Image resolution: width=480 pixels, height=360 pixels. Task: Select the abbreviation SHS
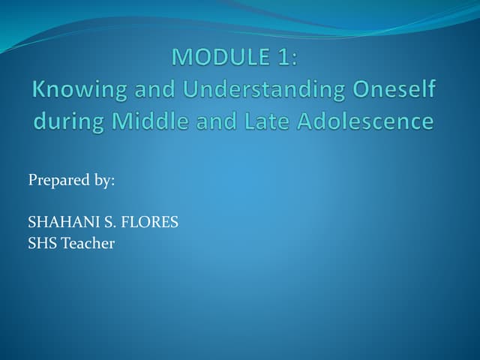tap(40, 243)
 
